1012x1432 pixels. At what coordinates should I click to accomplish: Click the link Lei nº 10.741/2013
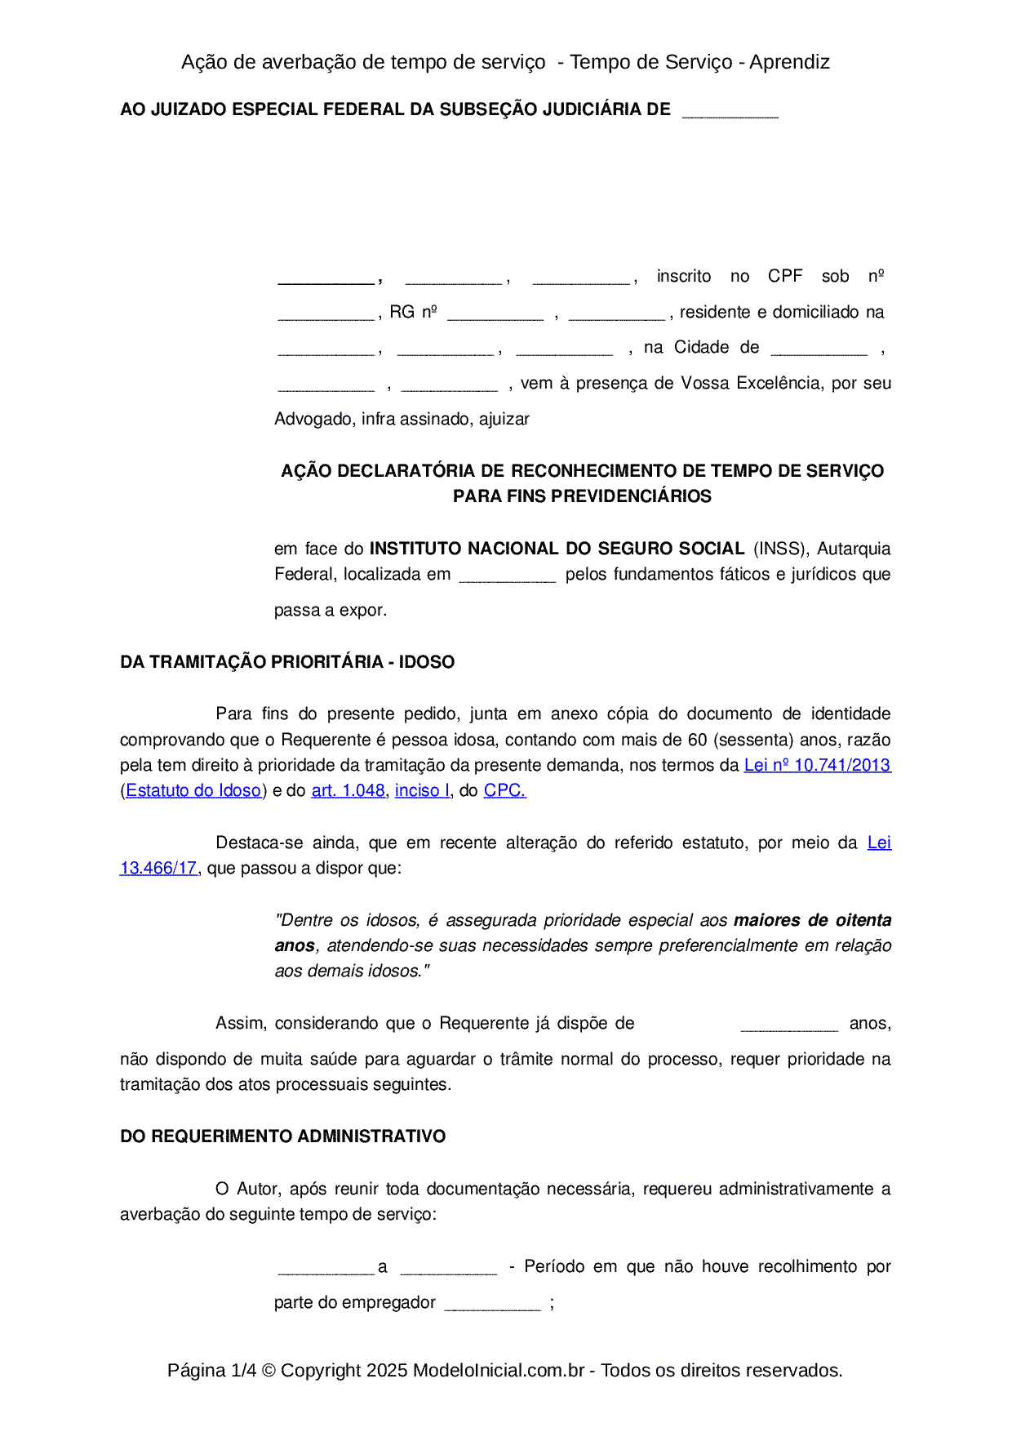click(817, 765)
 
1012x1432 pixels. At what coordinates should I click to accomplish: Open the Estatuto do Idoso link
click(193, 790)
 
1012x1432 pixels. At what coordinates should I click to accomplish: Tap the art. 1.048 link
click(348, 790)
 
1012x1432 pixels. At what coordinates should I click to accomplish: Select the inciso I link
click(422, 790)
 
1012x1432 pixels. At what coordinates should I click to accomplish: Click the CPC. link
click(504, 790)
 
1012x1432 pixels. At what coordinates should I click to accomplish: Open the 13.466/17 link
click(158, 868)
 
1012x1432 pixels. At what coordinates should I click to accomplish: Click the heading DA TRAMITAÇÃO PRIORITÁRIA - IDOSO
click(287, 661)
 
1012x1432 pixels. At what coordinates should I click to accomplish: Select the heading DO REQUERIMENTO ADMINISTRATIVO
click(282, 1136)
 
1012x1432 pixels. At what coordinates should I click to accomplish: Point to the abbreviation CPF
click(785, 276)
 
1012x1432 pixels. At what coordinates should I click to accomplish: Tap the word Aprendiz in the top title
click(789, 62)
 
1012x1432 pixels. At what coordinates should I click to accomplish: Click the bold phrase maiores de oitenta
click(812, 920)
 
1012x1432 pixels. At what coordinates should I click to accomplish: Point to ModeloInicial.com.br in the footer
click(499, 1370)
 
